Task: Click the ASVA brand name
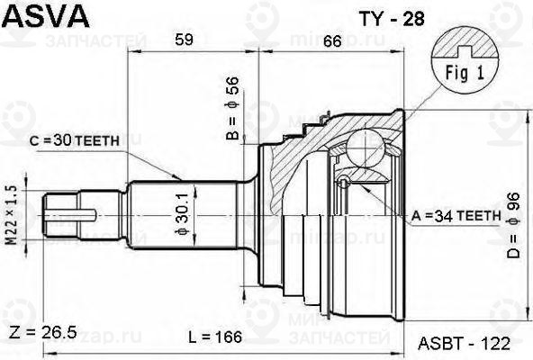click(x=42, y=15)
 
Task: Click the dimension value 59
click(x=184, y=39)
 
